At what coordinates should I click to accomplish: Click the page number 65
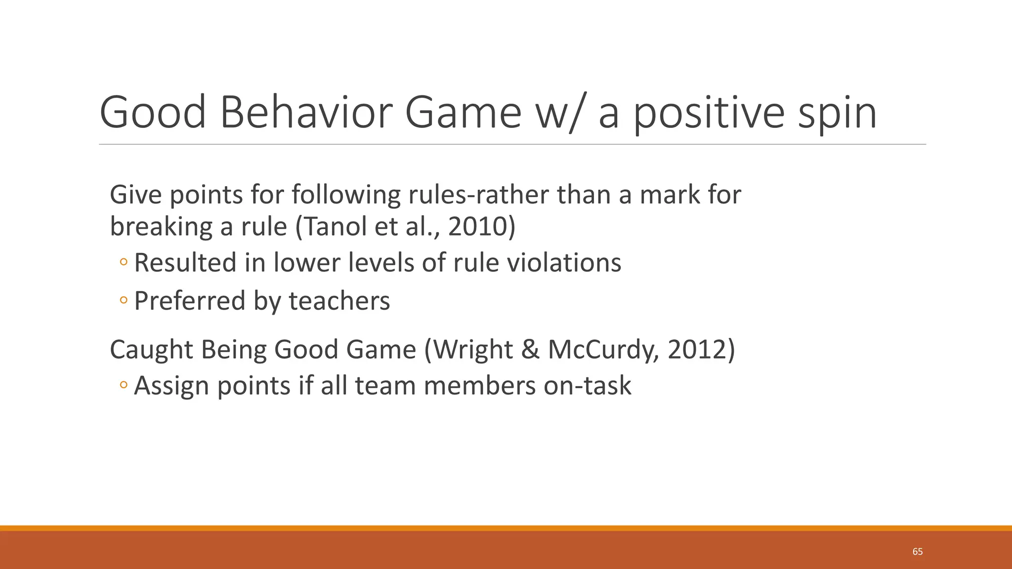917,552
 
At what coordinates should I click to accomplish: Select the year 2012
697,349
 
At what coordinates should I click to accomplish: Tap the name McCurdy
603,349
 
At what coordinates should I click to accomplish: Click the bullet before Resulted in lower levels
124,263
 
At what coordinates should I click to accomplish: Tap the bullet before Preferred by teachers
124,301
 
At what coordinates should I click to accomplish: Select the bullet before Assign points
124,385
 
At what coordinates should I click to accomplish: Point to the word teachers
339,301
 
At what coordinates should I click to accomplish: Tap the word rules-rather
478,195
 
